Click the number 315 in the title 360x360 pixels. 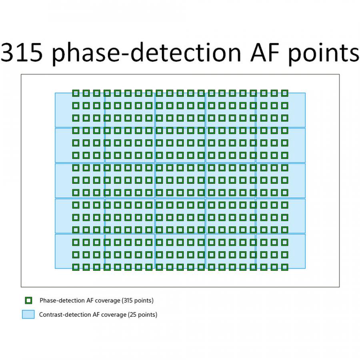click(x=22, y=52)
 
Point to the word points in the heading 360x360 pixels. click(x=324, y=54)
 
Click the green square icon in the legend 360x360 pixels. click(x=28, y=300)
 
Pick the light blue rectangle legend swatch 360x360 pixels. click(x=28, y=314)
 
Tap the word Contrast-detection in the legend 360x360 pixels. click(x=65, y=314)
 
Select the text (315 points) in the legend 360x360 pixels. click(x=138, y=300)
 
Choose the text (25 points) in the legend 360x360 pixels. click(x=142, y=314)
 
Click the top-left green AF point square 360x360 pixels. click(x=76, y=93)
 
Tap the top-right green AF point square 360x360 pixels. click(x=284, y=93)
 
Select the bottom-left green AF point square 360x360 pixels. click(x=76, y=267)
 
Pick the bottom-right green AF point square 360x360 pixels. click(x=284, y=267)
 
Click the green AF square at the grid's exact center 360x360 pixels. click(x=180, y=180)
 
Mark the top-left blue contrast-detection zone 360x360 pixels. click(x=80, y=110)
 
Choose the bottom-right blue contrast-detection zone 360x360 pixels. click(x=280, y=251)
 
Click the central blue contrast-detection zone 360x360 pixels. click(x=180, y=180)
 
